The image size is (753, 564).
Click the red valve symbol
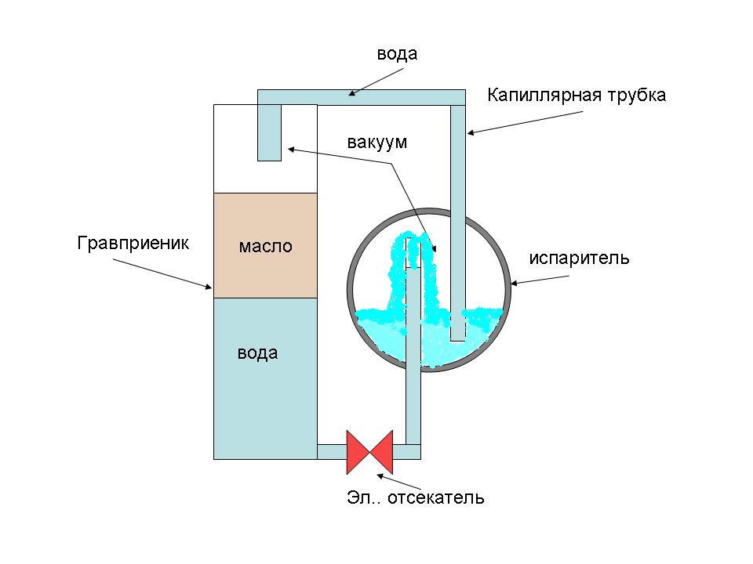coord(369,452)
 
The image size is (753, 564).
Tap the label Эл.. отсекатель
coord(416,498)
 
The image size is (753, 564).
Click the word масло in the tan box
coord(266,246)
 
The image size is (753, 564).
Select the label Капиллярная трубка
coord(577,95)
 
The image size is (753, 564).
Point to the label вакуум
coord(377,143)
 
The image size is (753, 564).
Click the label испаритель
coord(579,258)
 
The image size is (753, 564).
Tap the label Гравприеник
coord(133,243)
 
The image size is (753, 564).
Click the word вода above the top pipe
coord(397,54)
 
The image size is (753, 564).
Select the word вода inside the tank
coord(258,353)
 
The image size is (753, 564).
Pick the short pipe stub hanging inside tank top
coord(269,133)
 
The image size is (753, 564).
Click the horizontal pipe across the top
coord(362,97)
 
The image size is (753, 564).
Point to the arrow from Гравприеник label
coord(162,274)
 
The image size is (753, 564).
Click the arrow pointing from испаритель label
coord(540,280)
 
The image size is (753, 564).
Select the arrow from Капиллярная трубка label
coord(525,122)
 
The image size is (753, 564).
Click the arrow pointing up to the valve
coord(398,483)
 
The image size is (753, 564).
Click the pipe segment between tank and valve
coord(332,452)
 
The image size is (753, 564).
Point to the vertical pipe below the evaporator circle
coord(413,406)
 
